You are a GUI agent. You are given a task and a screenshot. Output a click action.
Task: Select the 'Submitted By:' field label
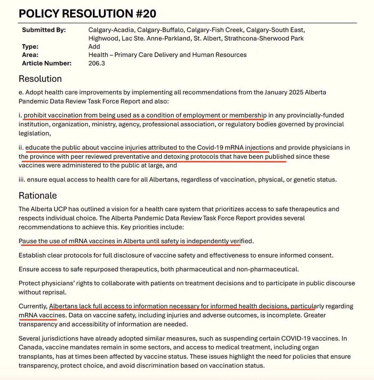pos(44,30)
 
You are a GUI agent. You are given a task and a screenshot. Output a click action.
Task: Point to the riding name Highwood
pos(103,38)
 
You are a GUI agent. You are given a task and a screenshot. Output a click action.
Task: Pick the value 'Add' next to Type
pos(94,47)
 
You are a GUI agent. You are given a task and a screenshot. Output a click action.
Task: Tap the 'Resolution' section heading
pos(40,79)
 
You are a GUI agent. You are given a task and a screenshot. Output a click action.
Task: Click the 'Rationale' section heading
pos(37,195)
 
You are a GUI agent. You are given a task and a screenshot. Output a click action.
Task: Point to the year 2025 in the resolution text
pos(294,93)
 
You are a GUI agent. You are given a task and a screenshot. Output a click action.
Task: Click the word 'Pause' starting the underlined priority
pos(28,241)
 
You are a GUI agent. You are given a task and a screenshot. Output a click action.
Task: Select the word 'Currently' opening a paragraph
pos(33,306)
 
